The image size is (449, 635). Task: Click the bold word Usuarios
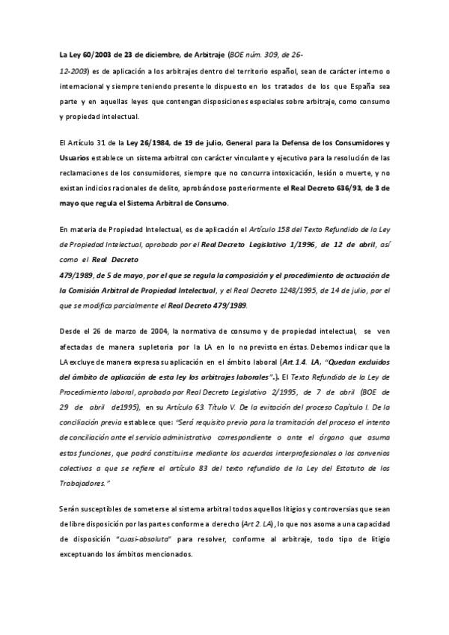75,159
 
